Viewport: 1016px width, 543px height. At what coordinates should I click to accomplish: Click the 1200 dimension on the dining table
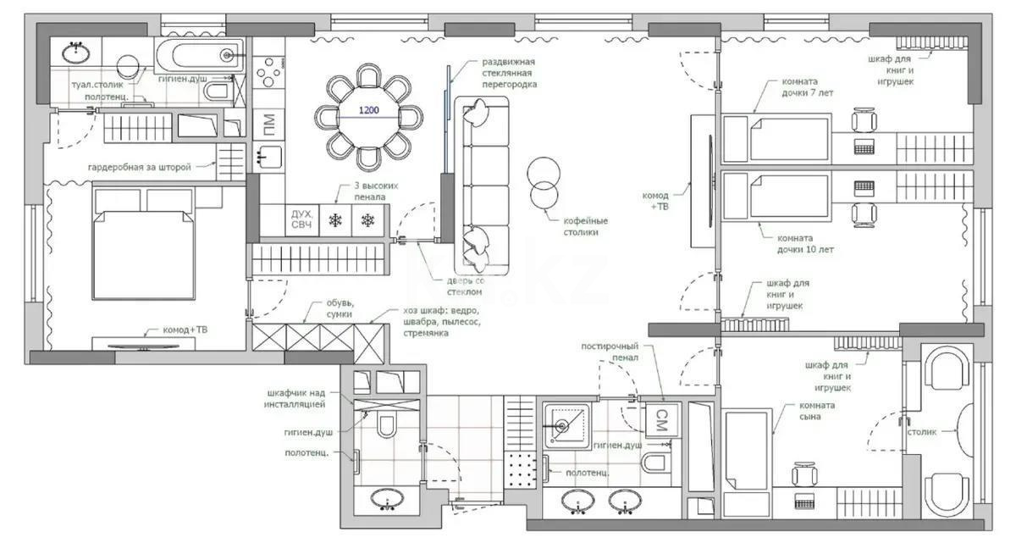point(369,110)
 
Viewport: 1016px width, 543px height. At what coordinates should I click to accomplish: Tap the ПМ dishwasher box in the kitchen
point(268,123)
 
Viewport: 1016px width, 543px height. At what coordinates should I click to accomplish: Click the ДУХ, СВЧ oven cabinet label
point(301,220)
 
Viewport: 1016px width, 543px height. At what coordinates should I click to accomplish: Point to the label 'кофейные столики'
point(586,227)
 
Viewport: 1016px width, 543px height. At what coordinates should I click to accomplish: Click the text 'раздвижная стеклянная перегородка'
point(509,73)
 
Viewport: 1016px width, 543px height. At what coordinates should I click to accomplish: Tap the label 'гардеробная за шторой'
point(140,168)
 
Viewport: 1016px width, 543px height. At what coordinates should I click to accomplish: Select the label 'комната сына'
point(816,411)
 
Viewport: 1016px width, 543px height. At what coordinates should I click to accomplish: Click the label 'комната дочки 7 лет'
point(808,87)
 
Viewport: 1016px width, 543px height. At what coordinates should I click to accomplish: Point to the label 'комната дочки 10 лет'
point(805,244)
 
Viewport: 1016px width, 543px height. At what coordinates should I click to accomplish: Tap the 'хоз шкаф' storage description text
point(442,322)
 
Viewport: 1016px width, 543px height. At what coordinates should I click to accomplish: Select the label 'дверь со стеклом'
point(466,286)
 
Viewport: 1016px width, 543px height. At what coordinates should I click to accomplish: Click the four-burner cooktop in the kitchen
point(268,72)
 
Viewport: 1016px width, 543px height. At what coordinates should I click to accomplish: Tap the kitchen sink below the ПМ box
point(268,157)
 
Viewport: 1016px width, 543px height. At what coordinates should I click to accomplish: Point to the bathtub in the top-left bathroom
point(200,56)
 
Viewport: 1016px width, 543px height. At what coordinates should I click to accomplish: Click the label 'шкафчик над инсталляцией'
point(295,399)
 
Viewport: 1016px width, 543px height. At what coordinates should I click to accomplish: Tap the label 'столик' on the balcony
point(922,432)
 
